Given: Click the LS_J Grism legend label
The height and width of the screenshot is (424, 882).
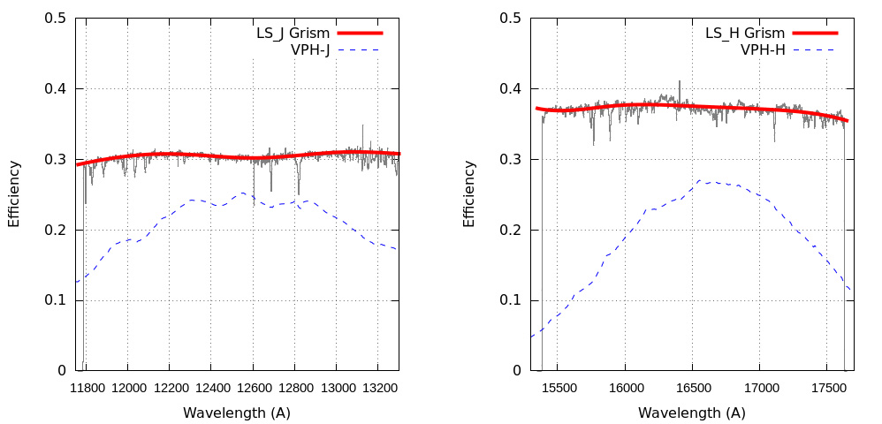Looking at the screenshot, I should pyautogui.click(x=293, y=33).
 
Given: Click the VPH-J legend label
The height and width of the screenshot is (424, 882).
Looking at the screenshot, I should pyautogui.click(x=310, y=49).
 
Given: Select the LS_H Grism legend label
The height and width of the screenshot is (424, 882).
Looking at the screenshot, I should pyautogui.click(x=745, y=33).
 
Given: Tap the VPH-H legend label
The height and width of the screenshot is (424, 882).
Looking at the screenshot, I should pyautogui.click(x=763, y=49).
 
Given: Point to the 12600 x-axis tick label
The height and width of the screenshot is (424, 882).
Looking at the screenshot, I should pyautogui.click(x=253, y=387).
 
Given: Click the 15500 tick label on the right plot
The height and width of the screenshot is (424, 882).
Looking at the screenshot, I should pyautogui.click(x=559, y=387).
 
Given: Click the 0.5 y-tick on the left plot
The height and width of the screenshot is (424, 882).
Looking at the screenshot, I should pyautogui.click(x=56, y=18).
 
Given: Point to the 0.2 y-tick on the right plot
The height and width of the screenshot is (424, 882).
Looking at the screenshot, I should pyautogui.click(x=510, y=230).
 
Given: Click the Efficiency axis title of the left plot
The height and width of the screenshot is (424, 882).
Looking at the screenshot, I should pyautogui.click(x=14, y=193).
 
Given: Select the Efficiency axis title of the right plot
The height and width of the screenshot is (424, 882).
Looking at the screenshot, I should pyautogui.click(x=469, y=193).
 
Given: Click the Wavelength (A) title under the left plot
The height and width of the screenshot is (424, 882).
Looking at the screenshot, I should pyautogui.click(x=237, y=413).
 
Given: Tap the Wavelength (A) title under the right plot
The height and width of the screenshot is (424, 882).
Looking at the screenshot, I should pyautogui.click(x=692, y=413).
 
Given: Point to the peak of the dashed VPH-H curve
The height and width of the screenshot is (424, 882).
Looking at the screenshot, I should pyautogui.click(x=700, y=180).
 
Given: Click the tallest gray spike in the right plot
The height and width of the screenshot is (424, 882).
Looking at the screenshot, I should pyautogui.click(x=680, y=81).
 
